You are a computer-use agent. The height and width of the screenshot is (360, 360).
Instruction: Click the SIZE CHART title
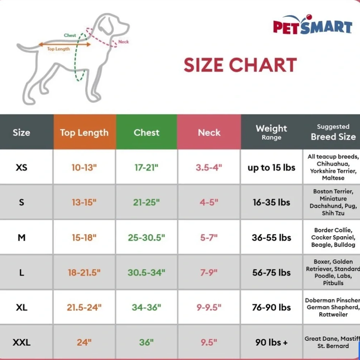240,65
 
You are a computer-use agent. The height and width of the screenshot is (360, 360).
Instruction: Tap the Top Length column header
84,132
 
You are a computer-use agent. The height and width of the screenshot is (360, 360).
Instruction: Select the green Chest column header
147,132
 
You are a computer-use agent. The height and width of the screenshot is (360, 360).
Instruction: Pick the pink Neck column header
209,132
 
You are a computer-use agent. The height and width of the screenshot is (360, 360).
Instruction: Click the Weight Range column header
271,132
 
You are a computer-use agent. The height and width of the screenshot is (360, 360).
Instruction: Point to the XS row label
22,168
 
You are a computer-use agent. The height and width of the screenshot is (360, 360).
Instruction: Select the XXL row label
22,342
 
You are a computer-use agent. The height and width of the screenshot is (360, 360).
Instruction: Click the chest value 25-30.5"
147,238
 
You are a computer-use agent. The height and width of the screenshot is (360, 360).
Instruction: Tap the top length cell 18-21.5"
84,273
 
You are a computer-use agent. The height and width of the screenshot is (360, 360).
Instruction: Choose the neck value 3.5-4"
209,168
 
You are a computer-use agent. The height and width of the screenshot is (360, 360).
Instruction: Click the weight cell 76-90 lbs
271,307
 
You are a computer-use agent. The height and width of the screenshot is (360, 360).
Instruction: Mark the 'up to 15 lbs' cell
271,168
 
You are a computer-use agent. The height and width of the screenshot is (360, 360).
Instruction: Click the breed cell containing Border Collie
333,237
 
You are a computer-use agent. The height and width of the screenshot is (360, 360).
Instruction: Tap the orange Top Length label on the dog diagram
59,49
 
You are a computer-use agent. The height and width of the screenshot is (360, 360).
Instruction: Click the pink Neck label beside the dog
123,42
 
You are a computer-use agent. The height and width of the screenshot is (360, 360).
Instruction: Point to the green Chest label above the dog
70,35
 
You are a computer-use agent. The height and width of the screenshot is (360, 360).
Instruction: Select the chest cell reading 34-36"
147,307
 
